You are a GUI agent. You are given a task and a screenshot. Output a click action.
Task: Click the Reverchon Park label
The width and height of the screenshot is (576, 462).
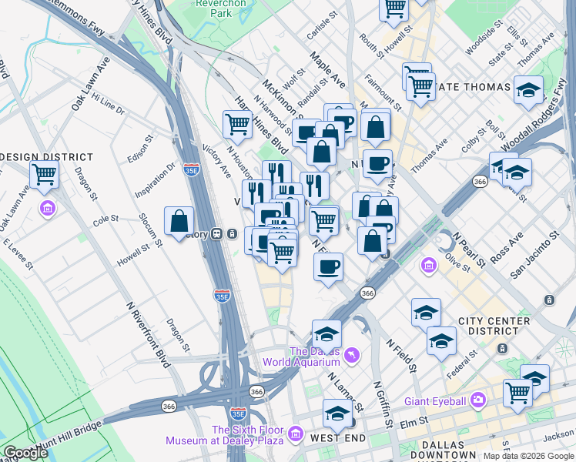coord(214,8)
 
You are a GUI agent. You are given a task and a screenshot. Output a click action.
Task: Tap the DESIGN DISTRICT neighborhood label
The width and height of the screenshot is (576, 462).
coord(46,157)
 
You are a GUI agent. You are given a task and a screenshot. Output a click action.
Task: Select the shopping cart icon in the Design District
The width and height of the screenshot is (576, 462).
coord(45,176)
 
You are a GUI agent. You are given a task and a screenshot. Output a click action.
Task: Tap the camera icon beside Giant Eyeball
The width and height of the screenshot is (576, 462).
coord(478,400)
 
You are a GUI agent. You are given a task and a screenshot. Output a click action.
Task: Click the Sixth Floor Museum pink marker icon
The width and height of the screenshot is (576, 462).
coord(293,436)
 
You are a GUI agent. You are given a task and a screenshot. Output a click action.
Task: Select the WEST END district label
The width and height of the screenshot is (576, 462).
coord(337,437)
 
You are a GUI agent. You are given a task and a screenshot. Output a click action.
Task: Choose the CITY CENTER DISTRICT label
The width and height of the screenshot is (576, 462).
coord(494,326)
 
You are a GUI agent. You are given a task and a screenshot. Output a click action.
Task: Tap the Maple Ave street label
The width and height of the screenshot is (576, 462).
coord(328,69)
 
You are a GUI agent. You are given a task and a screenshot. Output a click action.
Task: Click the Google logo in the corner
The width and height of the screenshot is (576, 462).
coord(25,453)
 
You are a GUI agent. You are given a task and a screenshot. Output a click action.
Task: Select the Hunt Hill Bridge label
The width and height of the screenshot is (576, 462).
coord(58,437)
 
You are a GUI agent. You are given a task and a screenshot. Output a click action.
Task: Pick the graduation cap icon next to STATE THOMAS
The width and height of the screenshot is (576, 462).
coord(528,90)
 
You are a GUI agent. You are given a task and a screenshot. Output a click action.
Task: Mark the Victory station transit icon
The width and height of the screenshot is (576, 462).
coord(218,234)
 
